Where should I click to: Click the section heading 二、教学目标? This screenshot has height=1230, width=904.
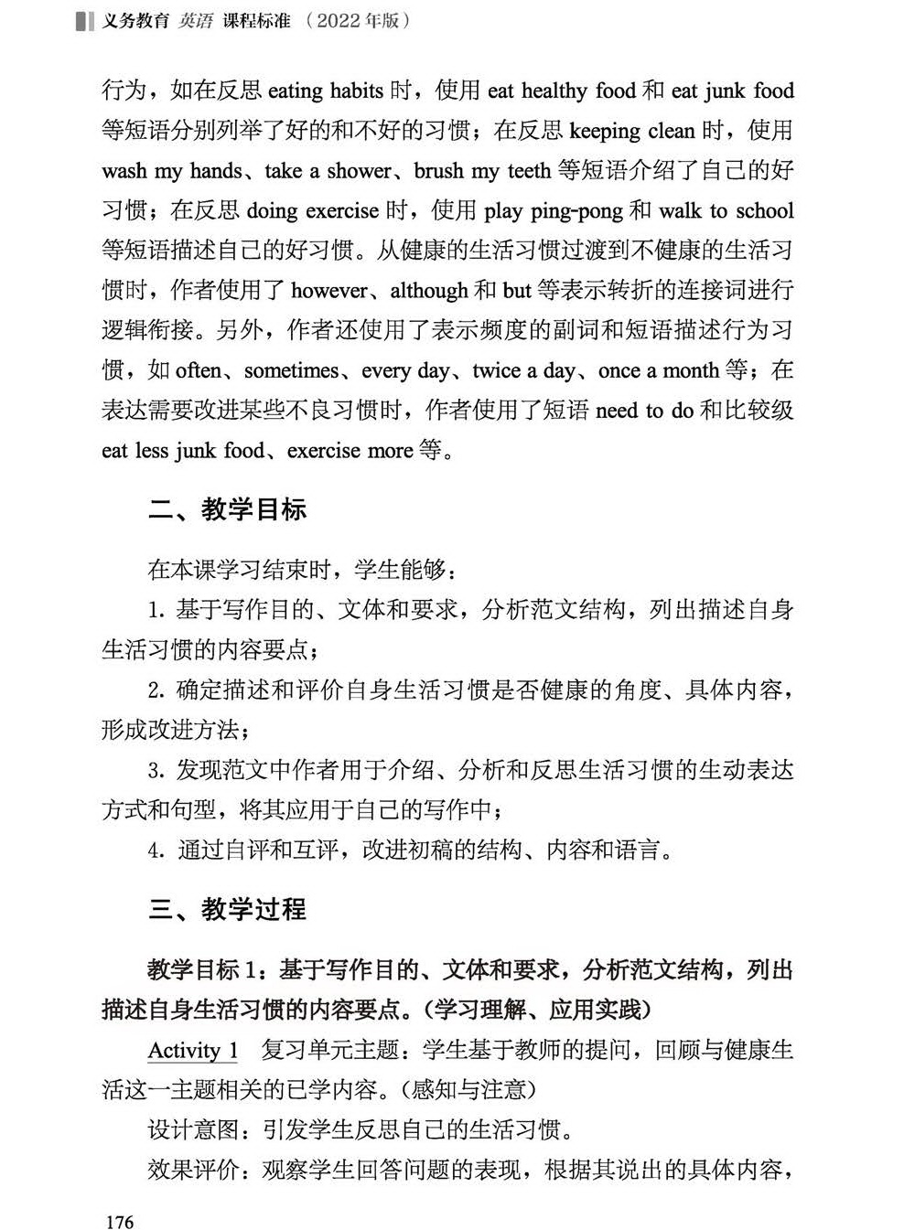point(227,509)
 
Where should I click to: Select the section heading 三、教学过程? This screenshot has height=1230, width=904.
point(227,909)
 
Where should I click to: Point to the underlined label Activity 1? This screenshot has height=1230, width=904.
point(193,1050)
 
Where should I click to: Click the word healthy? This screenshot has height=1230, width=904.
point(554,91)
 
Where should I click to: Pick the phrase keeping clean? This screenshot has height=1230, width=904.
point(631,131)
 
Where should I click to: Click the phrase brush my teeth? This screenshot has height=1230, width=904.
point(482,171)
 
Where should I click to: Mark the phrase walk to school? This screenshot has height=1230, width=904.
point(726,211)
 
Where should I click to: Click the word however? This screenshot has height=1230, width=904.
point(329,291)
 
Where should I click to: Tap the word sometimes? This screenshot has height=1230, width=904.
point(291,370)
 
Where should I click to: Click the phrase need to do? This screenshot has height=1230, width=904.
point(644,411)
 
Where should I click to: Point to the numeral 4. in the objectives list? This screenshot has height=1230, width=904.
point(156,850)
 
